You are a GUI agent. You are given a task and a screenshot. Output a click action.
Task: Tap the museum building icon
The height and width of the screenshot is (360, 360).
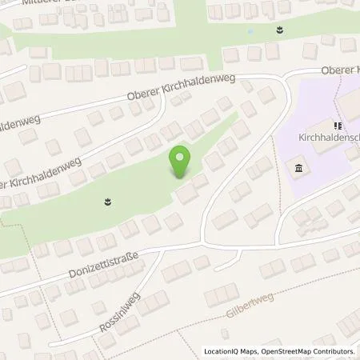(299, 167)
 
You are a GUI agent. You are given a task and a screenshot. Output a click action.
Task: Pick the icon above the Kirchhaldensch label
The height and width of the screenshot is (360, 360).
(338, 126)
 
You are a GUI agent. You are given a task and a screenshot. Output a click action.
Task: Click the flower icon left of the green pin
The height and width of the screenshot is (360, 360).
(107, 202)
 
